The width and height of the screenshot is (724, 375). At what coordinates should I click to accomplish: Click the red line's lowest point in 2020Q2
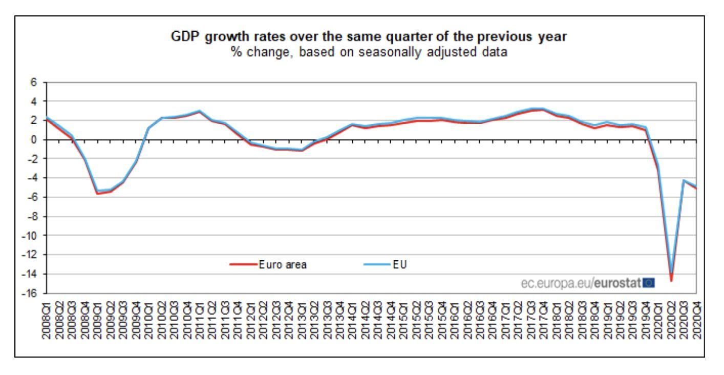[x=671, y=280]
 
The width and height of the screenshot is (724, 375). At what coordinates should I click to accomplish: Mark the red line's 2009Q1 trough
[x=98, y=194]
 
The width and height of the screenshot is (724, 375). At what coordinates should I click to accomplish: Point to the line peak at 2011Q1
[x=200, y=111]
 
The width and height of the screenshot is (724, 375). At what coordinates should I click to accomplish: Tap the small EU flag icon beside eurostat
[x=649, y=282]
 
